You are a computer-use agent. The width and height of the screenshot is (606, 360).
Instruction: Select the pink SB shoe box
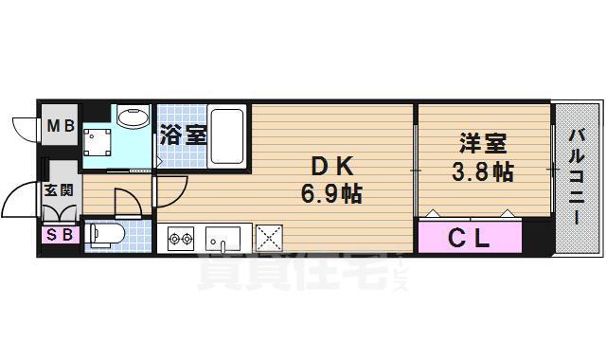56,235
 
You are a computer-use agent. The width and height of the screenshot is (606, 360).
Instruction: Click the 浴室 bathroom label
183,135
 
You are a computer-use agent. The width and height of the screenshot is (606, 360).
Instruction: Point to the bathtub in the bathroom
227,136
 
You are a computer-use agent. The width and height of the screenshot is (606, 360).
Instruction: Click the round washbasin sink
134,119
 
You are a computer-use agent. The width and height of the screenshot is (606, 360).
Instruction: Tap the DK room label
330,167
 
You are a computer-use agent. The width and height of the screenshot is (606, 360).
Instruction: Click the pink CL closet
470,238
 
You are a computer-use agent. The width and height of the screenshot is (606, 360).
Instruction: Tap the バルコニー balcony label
575,178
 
